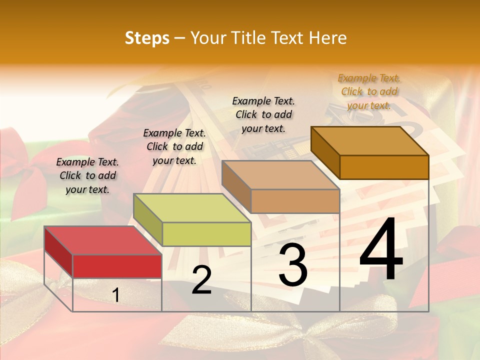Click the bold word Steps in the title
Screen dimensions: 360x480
[x=147, y=38]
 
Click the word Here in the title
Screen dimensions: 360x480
[x=328, y=38]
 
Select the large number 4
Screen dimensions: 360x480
[x=381, y=250]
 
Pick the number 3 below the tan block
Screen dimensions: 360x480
[x=293, y=265]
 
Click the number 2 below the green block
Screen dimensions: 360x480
[x=201, y=280]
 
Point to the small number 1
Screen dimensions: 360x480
[x=115, y=295]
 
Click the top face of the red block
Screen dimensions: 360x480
[x=103, y=240]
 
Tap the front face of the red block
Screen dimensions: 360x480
[x=117, y=266]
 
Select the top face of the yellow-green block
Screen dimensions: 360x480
[x=192, y=208]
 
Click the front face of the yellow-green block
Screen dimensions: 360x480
[x=206, y=234]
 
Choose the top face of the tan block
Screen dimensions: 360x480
[x=280, y=175]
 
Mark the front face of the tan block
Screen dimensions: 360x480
[x=295, y=201]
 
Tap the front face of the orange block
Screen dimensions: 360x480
[x=384, y=167]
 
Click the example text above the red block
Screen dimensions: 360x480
[x=87, y=175]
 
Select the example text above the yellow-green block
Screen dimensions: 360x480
[x=174, y=146]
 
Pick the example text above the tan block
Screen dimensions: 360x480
[x=263, y=114]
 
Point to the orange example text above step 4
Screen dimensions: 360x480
[x=369, y=91]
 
